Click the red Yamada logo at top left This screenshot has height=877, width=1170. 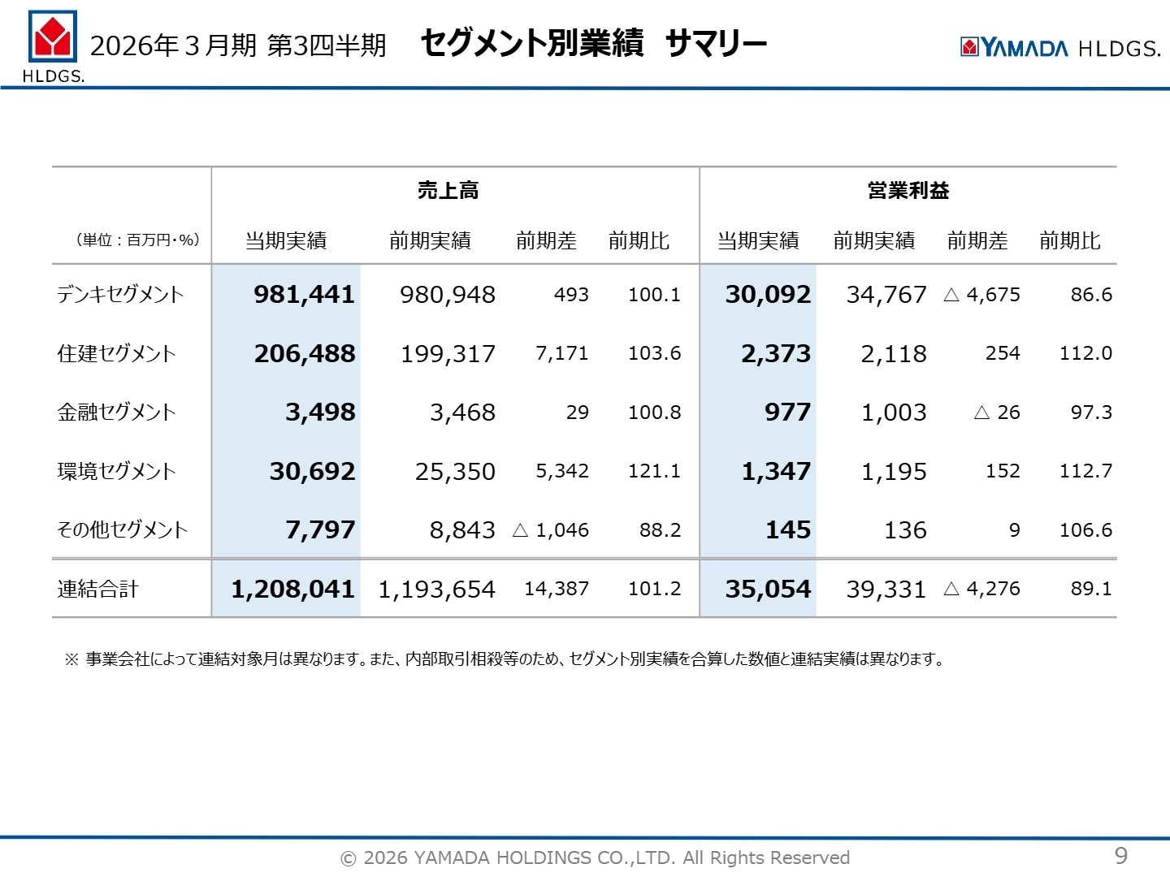click(x=53, y=37)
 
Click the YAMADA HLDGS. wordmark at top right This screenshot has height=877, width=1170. click(x=1060, y=48)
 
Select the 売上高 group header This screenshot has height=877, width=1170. click(x=448, y=191)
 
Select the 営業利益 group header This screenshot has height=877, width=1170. click(x=908, y=191)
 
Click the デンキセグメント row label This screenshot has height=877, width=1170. click(x=120, y=295)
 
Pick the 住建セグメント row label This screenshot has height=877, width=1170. click(x=116, y=354)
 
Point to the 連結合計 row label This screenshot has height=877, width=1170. click(x=97, y=590)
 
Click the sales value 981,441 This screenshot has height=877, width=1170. click(x=304, y=295)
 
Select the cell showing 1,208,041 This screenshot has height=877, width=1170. click(x=292, y=590)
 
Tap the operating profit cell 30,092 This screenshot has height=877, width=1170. click(x=767, y=295)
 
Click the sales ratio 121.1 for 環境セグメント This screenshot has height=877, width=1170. click(x=654, y=471)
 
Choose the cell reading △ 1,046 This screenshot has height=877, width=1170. click(x=551, y=530)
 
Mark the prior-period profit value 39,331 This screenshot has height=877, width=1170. click(x=886, y=590)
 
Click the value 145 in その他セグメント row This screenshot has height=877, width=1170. click(x=787, y=530)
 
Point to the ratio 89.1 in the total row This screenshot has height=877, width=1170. click(x=1091, y=589)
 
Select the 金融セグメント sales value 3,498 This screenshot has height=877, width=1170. click(x=320, y=413)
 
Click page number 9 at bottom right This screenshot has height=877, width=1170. click(x=1120, y=855)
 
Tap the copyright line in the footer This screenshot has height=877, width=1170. click(x=595, y=858)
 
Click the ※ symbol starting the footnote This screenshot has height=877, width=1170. click(x=71, y=659)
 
